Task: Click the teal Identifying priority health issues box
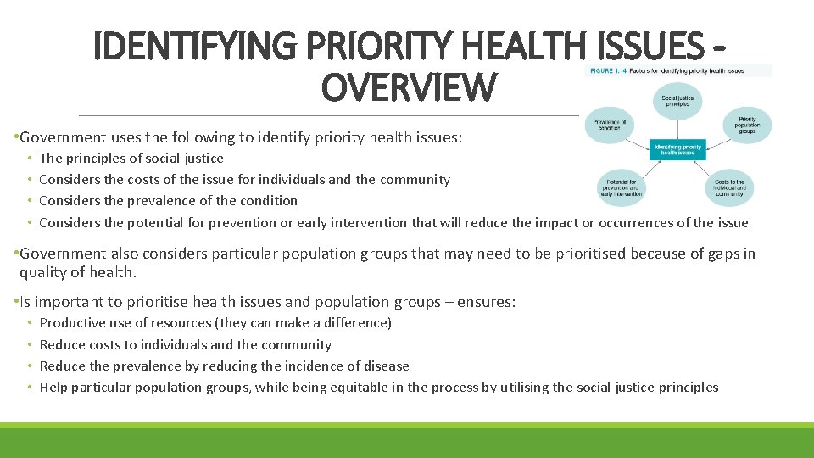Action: (677, 150)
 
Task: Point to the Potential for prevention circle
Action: (619, 187)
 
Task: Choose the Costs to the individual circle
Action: (728, 187)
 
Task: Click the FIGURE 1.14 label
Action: (609, 71)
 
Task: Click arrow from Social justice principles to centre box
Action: (676, 128)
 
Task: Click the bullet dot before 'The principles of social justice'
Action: (30, 159)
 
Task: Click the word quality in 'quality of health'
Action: (42, 272)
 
